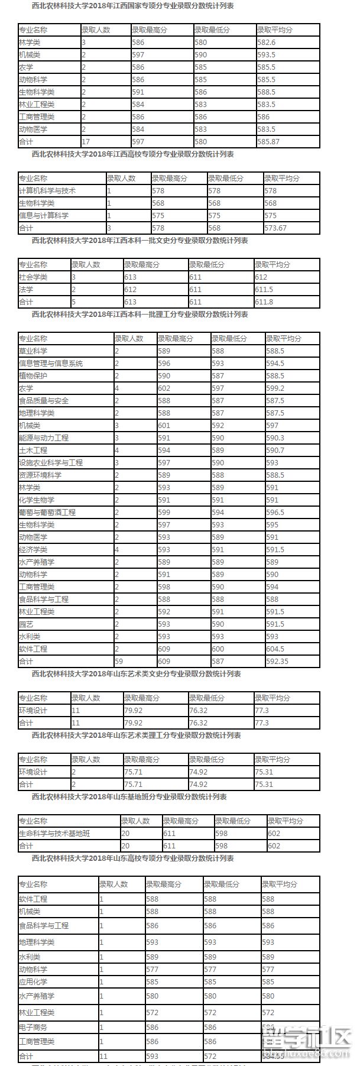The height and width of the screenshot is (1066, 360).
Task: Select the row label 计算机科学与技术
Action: click(47, 191)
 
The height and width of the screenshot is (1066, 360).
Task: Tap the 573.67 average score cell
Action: click(275, 228)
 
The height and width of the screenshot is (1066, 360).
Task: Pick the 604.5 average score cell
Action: click(275, 649)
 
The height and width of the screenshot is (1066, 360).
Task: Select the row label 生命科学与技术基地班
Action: click(54, 834)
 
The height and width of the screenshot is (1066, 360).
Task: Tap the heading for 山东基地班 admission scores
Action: click(129, 797)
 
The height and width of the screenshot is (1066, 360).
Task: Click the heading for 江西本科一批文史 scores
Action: click(140, 241)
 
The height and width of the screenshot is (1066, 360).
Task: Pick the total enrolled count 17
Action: click(86, 142)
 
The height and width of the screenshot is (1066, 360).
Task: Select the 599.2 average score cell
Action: click(275, 388)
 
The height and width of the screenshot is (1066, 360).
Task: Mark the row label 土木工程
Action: click(33, 451)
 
